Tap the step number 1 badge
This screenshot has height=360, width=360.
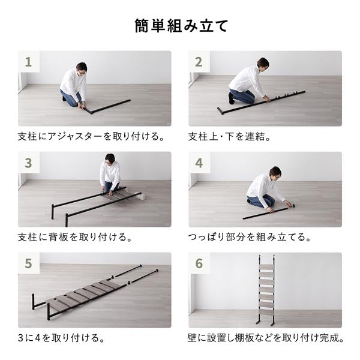28,61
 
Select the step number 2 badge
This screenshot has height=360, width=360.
199,61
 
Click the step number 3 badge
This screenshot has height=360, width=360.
28,162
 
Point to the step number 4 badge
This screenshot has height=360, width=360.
199,162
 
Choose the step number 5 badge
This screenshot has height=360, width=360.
28,263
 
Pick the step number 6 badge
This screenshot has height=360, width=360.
199,263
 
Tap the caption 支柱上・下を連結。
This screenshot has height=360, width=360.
230,136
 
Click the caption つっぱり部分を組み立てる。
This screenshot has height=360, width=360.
250,237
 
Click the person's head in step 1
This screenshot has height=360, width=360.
81,67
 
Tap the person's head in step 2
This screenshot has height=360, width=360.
263,63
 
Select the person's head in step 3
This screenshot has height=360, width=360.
110,159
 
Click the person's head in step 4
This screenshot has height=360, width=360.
275,172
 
